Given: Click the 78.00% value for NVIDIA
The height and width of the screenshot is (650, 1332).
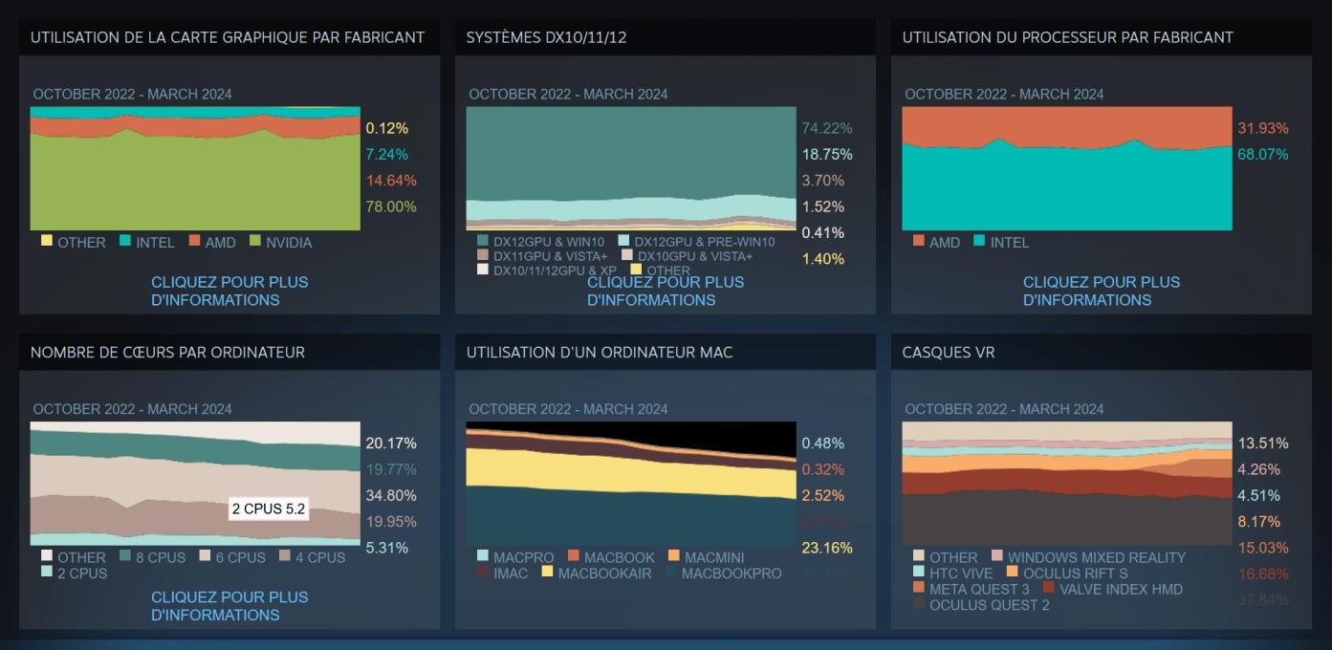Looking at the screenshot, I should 391,206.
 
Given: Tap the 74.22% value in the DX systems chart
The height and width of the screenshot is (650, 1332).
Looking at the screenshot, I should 827,128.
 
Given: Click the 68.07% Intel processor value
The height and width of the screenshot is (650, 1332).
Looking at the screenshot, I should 1262,154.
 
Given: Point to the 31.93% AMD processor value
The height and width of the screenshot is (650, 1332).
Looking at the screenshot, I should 1262,128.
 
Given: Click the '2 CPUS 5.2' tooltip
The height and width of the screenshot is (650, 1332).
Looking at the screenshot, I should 268,509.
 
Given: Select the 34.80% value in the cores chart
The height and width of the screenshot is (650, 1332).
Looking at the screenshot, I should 391,495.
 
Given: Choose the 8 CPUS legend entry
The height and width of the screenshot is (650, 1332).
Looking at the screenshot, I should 154,557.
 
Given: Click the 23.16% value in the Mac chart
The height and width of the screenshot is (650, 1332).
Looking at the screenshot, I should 827,548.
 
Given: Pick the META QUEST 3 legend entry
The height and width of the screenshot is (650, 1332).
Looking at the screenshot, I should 966,589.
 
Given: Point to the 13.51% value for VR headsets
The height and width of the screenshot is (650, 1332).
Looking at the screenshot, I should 1262,444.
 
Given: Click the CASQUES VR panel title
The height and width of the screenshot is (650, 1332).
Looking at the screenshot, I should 949,353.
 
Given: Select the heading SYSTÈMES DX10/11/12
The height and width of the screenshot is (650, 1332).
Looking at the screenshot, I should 546,37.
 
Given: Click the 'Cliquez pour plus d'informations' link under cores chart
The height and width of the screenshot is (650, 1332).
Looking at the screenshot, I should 229,605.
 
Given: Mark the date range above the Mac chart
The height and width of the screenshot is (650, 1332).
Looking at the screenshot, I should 568,409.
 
